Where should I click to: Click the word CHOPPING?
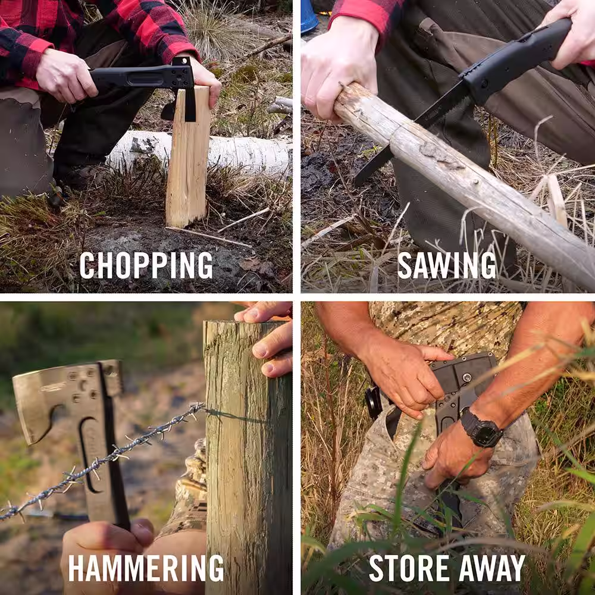[x=146, y=265]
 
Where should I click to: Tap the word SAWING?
[x=447, y=265]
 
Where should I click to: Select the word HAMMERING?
[x=146, y=568]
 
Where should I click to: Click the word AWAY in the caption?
[x=492, y=568]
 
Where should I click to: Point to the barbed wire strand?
[x=102, y=461]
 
